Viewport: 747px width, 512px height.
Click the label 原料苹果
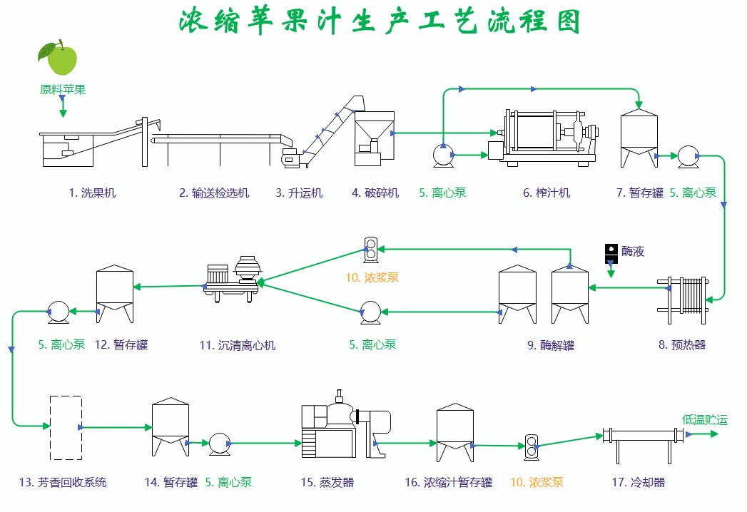pos(63,90)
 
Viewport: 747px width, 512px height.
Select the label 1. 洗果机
pos(92,193)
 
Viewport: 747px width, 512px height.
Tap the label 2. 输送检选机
pos(214,193)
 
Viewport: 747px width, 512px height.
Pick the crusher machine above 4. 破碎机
pos(374,137)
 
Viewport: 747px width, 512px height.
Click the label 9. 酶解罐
pos(551,345)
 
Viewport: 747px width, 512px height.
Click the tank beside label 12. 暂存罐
pos(115,293)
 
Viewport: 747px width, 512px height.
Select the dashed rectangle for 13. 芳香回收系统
pos(66,427)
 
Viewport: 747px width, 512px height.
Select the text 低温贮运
pos(704,419)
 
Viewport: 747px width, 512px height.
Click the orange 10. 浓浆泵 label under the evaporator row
pos(537,482)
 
